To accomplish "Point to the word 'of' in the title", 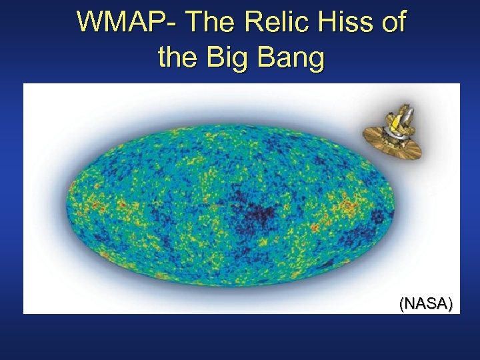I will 391,22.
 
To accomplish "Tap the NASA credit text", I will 426,305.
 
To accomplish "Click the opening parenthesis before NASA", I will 401,305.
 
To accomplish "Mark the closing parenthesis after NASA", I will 451,305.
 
